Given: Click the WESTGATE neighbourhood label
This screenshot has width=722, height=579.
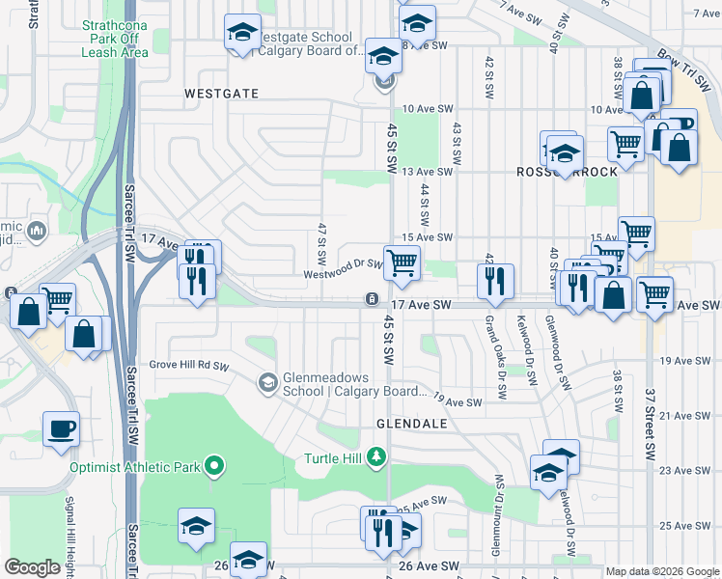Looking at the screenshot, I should [x=221, y=94].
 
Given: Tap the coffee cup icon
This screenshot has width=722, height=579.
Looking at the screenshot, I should [x=62, y=428].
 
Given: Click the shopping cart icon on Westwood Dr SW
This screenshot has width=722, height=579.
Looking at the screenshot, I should [x=402, y=262].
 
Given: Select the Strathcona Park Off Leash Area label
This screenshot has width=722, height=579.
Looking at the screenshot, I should [x=115, y=38].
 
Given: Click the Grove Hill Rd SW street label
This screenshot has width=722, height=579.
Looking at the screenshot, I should [x=188, y=366].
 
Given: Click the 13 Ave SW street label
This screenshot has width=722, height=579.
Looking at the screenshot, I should [x=427, y=172].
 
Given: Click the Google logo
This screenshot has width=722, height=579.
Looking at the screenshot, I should [x=33, y=567].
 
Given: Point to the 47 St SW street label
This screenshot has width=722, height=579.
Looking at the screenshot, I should [x=320, y=245].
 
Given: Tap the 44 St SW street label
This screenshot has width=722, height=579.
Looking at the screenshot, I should [x=425, y=202].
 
